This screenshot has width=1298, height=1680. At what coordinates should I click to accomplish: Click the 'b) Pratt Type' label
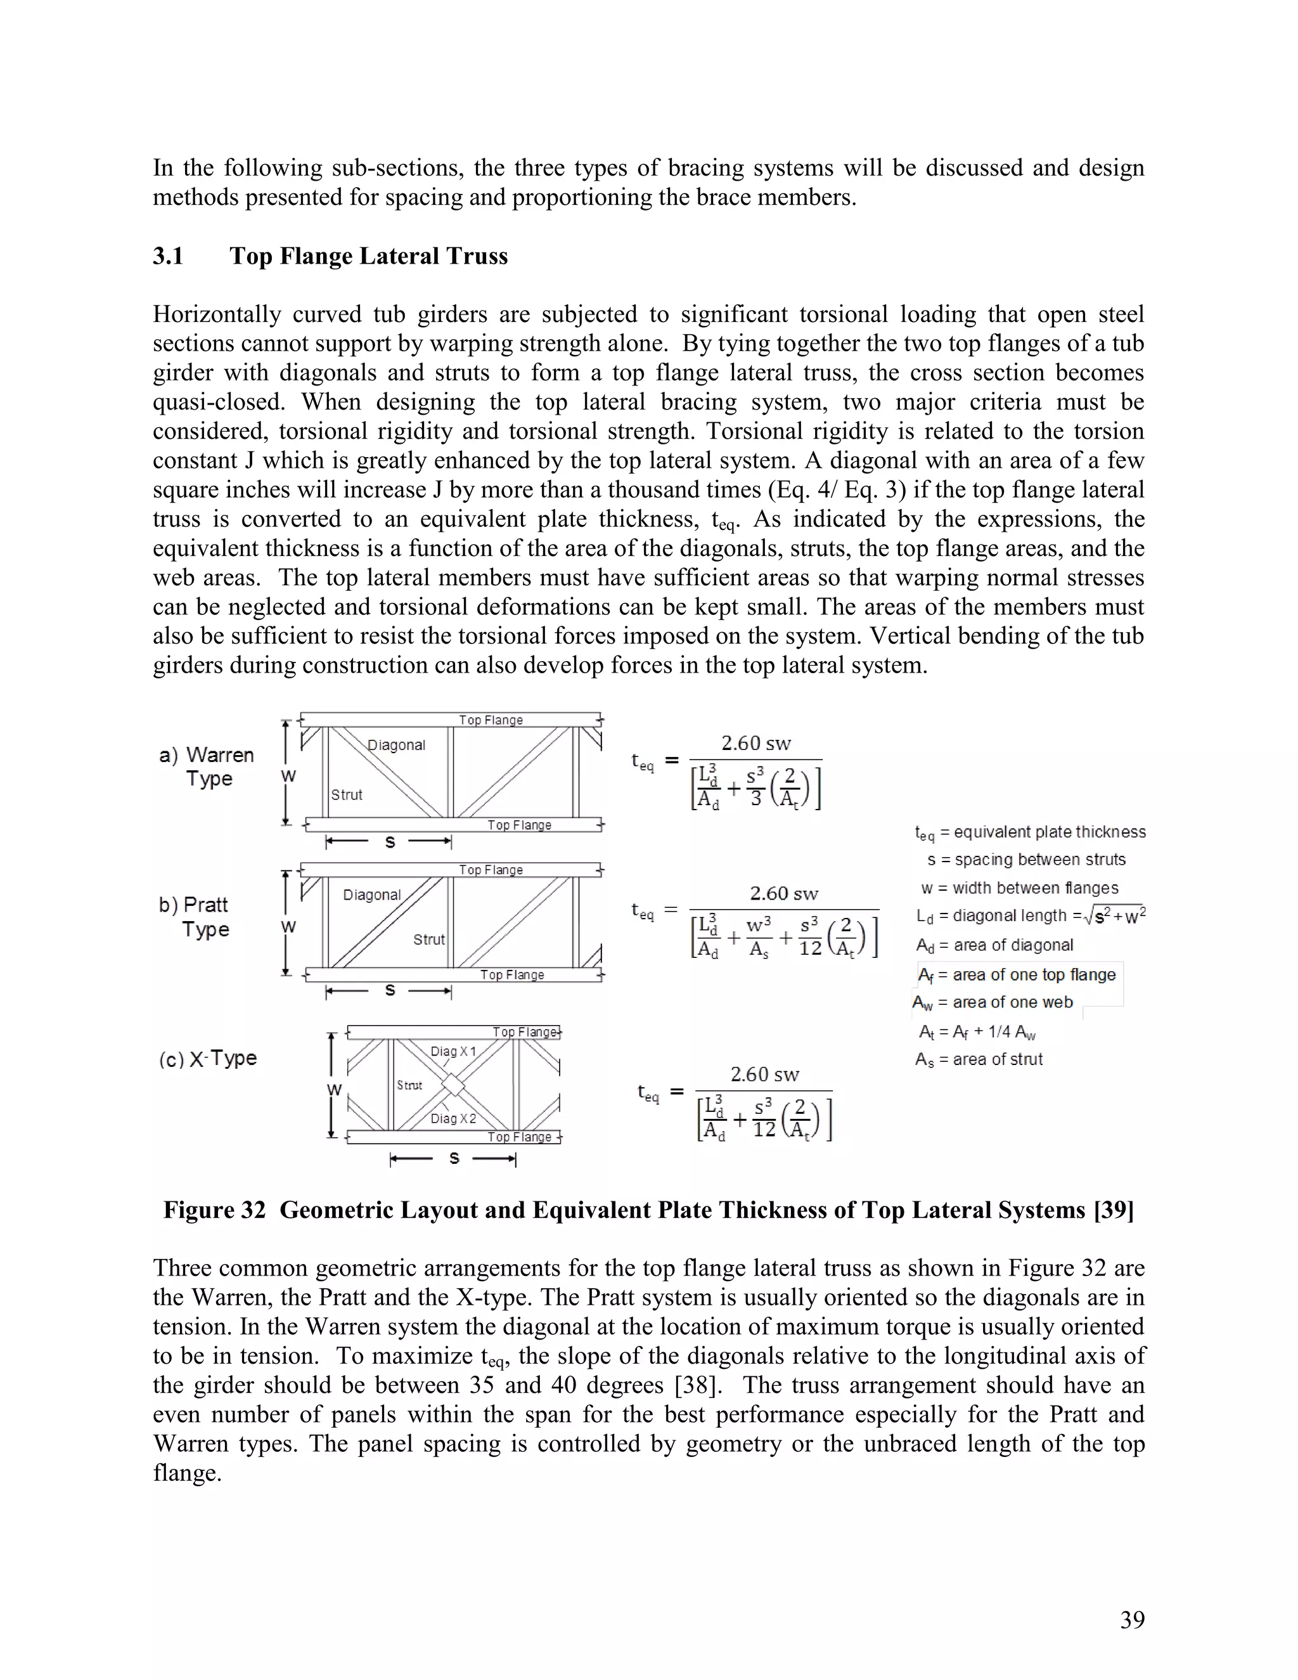(x=195, y=916)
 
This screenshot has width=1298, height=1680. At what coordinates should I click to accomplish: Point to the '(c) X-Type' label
(x=208, y=1059)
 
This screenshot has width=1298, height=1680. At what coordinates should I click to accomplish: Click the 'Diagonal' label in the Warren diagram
(x=396, y=745)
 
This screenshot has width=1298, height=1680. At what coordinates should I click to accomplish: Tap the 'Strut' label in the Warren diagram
(x=346, y=794)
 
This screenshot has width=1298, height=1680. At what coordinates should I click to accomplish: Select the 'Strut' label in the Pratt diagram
(x=428, y=940)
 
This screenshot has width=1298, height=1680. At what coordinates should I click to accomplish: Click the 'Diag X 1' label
(x=453, y=1050)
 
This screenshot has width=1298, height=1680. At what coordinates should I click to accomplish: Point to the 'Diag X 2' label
(x=453, y=1118)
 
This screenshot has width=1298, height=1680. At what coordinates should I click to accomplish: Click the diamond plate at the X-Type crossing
(x=454, y=1085)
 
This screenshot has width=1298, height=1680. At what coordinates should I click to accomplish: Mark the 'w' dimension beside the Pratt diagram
(x=288, y=926)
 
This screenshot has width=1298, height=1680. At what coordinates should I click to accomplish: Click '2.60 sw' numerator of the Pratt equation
(x=783, y=893)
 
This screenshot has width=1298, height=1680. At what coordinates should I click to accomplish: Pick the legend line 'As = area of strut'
(x=978, y=1059)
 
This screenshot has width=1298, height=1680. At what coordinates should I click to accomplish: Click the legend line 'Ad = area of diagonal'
(x=994, y=945)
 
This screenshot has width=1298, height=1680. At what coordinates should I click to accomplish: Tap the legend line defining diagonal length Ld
(x=1031, y=915)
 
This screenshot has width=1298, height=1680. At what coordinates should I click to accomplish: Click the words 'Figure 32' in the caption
(x=214, y=1210)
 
